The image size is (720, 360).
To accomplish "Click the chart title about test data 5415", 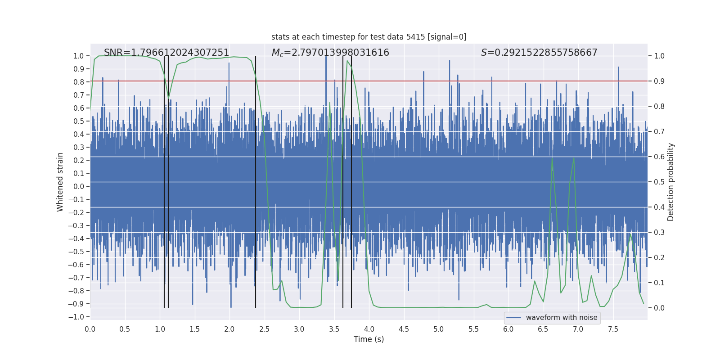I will pos(369,37).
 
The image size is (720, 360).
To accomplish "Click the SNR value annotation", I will pos(166,53).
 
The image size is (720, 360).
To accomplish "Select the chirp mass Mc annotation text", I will pos(330,53).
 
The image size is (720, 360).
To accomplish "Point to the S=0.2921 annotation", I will pos(539,53).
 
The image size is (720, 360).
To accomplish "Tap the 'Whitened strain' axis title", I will pos(60,182).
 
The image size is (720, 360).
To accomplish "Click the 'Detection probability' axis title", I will pos(671,182).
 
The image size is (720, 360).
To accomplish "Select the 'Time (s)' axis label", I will pos(369,339).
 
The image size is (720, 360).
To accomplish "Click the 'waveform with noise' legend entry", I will pos(561,318).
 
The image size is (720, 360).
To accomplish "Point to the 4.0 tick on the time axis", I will pos(369,329).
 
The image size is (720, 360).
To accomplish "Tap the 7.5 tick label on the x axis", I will pos(613,329).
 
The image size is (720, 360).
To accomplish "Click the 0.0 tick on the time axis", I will pos(90,329).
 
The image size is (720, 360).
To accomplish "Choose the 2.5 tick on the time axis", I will pos(265,329).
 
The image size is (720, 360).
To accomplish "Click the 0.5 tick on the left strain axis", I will pos(79,121).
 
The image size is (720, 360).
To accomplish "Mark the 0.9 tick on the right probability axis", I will pos(659,81).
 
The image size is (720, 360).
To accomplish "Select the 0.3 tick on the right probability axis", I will pos(659,233).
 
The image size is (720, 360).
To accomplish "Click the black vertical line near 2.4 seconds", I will pos(256,180).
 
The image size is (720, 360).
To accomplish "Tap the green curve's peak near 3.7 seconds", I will pos(347,61).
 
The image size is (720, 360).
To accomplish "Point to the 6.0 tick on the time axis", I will pos(508,329).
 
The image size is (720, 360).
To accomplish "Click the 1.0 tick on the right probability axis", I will pos(659,56).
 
